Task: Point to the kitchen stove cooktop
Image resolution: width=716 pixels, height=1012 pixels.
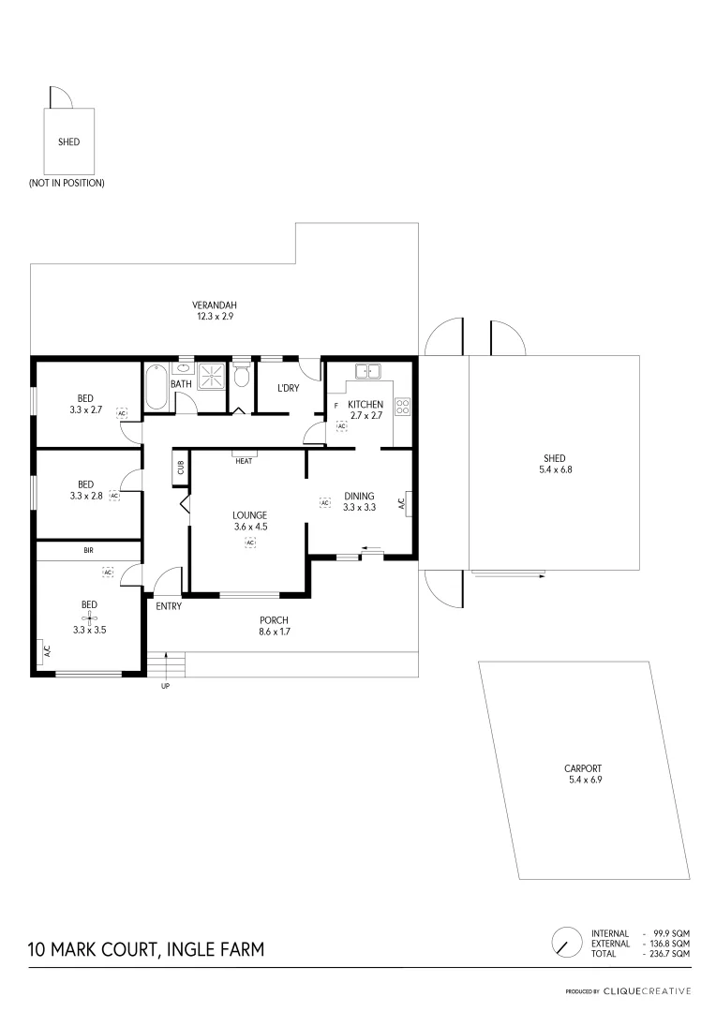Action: [x=404, y=407]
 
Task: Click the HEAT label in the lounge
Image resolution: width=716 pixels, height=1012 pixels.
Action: [x=244, y=460]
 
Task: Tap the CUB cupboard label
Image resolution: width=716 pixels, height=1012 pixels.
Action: [x=180, y=468]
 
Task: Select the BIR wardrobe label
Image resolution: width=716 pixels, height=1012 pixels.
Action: [x=89, y=551]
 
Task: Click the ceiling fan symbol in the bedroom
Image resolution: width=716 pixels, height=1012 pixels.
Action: [x=90, y=618]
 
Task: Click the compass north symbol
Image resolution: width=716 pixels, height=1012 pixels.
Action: [x=565, y=942]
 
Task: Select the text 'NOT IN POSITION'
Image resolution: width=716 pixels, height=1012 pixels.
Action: [x=67, y=183]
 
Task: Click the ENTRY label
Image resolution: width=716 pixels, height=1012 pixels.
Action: [x=169, y=605]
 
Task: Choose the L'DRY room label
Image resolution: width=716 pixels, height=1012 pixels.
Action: [x=288, y=388]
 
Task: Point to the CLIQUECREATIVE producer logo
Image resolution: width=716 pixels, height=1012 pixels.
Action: [x=647, y=990]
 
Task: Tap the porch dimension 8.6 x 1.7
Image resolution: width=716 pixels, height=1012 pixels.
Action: [x=274, y=632]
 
